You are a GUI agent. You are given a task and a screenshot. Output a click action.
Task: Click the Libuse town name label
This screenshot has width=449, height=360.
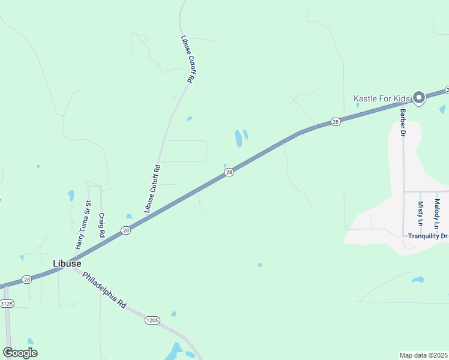click(67, 263)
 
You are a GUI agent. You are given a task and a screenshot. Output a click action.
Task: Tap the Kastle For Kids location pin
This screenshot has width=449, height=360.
click(419, 97)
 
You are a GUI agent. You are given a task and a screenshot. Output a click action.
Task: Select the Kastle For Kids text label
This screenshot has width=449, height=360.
click(381, 98)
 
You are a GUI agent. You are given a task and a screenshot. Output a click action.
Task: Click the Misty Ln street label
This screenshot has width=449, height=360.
click(421, 214)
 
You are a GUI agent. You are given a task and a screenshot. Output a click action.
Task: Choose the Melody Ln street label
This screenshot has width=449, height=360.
click(438, 214)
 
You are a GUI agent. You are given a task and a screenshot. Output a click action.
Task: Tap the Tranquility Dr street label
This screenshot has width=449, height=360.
click(428, 236)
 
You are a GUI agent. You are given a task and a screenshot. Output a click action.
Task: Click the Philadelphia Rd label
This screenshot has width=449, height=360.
click(104, 290)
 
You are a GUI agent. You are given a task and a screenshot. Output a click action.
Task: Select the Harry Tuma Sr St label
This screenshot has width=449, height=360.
click(82, 226)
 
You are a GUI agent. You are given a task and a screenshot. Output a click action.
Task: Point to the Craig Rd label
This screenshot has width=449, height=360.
click(102, 225)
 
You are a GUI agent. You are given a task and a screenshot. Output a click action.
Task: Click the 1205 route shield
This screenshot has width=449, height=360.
click(152, 321)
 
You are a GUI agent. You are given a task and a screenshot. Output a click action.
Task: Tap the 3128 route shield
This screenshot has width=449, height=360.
click(6, 304)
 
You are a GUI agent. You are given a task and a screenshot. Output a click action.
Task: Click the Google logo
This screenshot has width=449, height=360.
click(20, 353)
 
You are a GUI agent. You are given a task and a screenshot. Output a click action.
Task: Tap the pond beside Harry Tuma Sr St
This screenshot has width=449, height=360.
click(71, 195)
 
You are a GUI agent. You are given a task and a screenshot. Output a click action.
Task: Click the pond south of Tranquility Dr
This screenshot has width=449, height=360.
click(418, 279)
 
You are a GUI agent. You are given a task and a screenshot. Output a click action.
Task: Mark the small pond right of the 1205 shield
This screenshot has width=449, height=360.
click(173, 314)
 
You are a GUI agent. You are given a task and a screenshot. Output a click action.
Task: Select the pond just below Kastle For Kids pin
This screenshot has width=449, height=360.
click(442, 110)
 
